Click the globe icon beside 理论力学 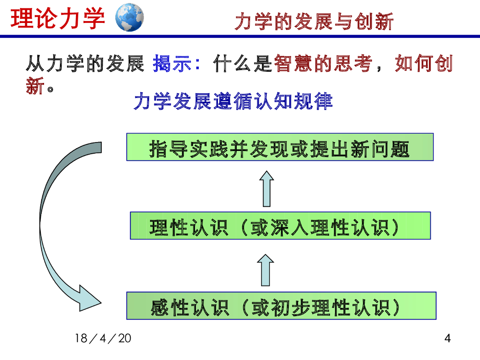(x=129, y=17)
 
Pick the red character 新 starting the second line (x=35, y=86)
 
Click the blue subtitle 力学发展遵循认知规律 (x=233, y=101)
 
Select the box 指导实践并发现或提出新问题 (x=279, y=147)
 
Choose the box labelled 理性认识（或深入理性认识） (x=280, y=225)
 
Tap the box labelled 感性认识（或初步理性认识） (x=281, y=306)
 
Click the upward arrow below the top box (x=267, y=188)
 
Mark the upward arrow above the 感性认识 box (x=267, y=270)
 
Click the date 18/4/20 (x=103, y=338)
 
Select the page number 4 (x=447, y=338)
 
